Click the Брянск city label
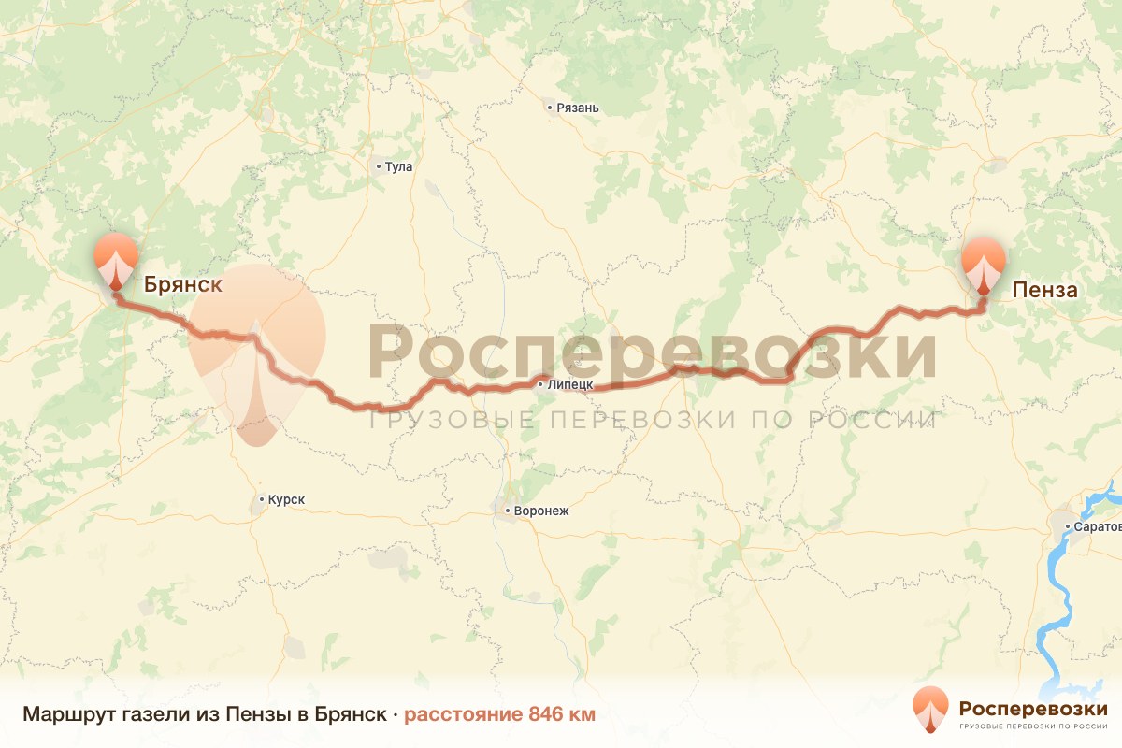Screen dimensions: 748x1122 pos(183,285)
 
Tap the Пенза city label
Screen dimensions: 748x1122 pos(1045,290)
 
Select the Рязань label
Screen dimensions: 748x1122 pos(577,108)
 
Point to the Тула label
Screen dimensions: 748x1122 pos(398,167)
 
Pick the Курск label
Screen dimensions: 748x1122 pos(286,500)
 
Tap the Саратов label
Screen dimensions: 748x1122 pos(1098,527)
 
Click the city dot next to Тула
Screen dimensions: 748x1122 pos(379,167)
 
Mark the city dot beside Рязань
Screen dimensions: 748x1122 pos(551,108)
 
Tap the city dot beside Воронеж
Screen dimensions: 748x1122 pos(507,511)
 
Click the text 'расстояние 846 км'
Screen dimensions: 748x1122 pos(499,715)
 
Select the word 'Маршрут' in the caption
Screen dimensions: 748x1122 pos(69,715)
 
